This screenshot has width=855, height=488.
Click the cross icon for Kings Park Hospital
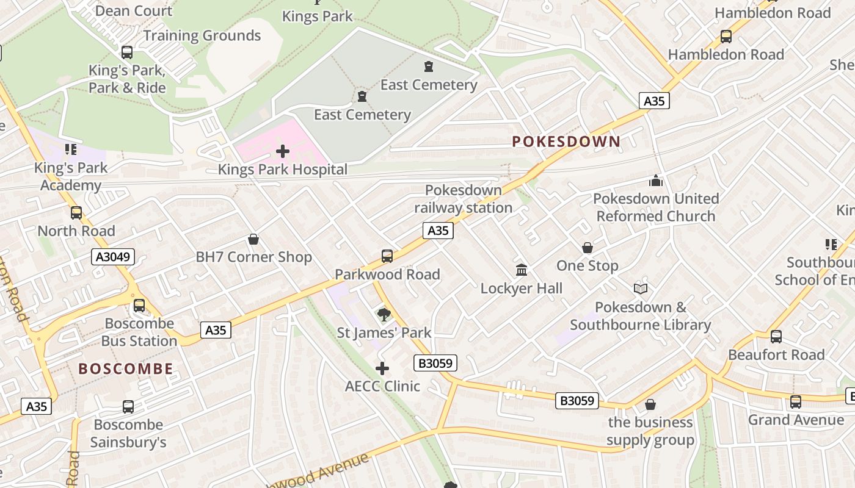283,151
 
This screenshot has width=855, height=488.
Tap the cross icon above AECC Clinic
382,368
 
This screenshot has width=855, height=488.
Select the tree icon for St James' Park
384,315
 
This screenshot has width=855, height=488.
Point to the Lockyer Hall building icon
522,270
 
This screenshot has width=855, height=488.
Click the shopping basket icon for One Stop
588,248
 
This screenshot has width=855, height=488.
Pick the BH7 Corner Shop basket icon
253,239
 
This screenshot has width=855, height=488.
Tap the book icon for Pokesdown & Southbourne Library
640,289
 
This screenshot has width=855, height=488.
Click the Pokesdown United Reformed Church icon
656,181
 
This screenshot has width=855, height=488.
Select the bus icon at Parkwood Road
387,256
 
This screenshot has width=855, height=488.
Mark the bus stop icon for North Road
76,213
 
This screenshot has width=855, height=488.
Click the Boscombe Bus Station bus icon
139,306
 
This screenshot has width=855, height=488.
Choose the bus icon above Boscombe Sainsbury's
128,407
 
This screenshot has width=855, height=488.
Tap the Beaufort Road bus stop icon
776,337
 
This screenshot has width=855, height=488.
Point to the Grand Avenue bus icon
795,402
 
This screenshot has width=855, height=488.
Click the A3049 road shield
113,257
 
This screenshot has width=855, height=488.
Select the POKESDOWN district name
566,142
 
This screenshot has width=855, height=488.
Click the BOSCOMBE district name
126,368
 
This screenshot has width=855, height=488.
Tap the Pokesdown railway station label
464,199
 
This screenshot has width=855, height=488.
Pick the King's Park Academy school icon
71,149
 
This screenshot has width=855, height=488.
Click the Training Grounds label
202,35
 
